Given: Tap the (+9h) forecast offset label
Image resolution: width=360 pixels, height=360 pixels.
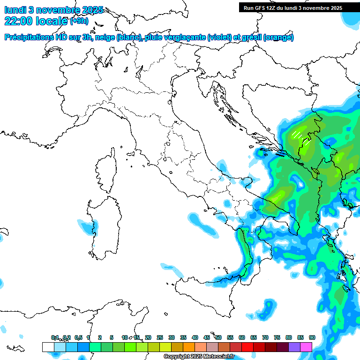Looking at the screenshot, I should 79,21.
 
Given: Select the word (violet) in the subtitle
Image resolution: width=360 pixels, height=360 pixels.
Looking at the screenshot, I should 224,37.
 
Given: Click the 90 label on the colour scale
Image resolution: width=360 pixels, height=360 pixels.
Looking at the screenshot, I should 312,337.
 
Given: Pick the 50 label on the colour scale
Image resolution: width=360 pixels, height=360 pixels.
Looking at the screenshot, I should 218,337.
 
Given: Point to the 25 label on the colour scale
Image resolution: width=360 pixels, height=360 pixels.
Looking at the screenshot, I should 160,337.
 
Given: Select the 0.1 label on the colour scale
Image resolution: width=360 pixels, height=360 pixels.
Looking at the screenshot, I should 55,337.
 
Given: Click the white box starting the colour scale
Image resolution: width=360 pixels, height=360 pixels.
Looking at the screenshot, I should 48,347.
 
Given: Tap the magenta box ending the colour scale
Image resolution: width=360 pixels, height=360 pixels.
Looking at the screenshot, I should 306,347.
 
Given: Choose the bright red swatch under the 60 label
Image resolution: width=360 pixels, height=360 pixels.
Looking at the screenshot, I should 247,347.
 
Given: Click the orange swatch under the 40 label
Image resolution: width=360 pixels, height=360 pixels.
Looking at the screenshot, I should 189,347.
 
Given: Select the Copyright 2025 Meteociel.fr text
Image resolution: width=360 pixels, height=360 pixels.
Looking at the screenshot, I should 199,357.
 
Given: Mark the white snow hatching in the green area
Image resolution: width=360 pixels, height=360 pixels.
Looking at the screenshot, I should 297,134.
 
